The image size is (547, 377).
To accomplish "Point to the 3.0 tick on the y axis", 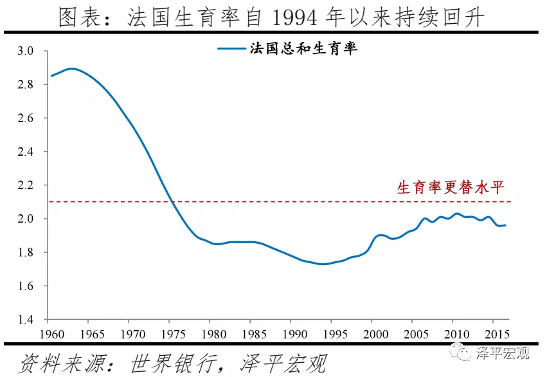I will coord(31,51).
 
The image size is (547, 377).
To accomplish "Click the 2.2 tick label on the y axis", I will coord(31,185).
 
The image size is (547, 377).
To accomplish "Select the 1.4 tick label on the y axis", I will coord(31,320).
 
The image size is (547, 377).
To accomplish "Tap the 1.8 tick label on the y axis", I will coord(31,252).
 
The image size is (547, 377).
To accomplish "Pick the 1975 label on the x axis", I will coord(170,335).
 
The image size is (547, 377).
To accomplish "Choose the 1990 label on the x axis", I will coord(291,335).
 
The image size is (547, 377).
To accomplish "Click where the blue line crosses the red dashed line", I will coord(172,202).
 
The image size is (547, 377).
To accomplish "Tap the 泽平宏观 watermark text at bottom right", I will coord(502,353).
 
